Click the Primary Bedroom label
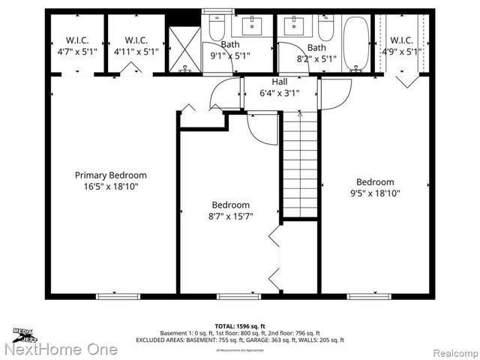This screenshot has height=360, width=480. [110, 175]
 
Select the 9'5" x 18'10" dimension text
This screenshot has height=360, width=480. [375, 193]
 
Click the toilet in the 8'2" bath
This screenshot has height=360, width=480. [325, 29]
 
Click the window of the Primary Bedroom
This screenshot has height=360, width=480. [118, 296]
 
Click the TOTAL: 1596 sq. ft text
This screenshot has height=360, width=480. [239, 326]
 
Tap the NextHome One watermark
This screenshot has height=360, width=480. [60, 349]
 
